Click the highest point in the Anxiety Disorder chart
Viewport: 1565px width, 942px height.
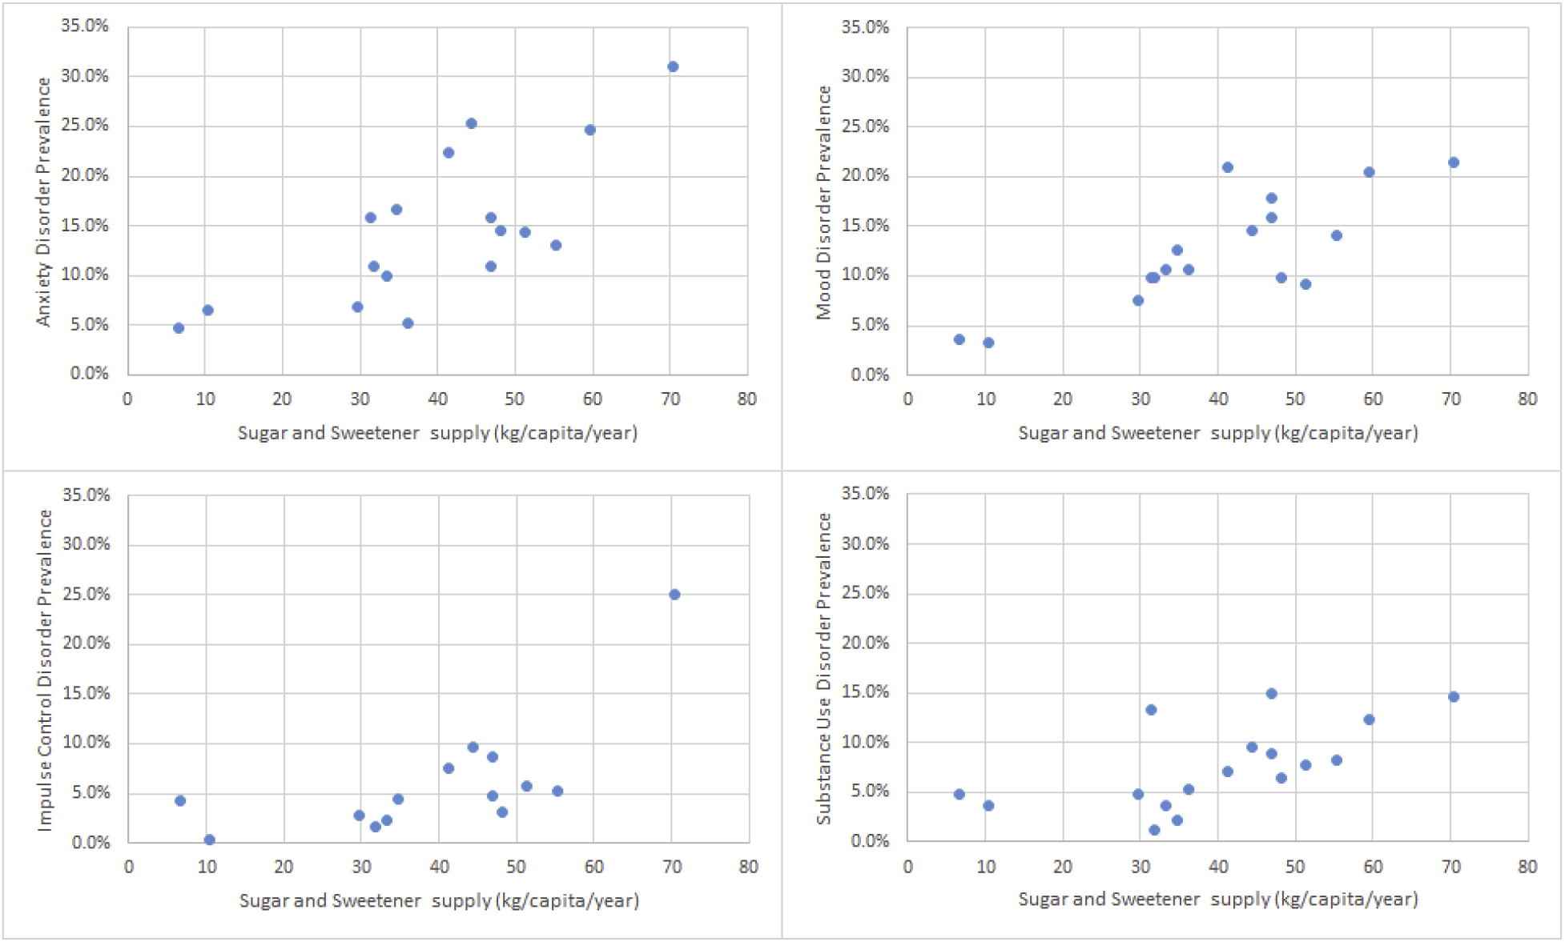coord(673,66)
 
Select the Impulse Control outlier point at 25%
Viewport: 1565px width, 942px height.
coord(674,595)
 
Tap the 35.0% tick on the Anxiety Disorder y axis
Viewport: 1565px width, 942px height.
coord(85,26)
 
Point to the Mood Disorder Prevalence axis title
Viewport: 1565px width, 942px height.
coord(824,202)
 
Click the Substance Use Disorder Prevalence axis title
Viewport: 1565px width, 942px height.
coord(824,668)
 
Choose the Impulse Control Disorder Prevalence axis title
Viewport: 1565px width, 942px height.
coord(45,670)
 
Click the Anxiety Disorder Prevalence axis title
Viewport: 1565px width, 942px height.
coord(44,202)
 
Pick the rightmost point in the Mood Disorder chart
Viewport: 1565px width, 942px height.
coord(1454,162)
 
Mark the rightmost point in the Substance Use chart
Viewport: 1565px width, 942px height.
coord(1454,697)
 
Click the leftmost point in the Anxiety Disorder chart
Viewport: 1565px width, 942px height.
coord(179,328)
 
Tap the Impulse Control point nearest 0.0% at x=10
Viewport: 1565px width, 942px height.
coord(209,840)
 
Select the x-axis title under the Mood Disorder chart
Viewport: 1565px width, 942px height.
coord(1217,434)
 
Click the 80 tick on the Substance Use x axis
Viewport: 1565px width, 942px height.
coord(1527,867)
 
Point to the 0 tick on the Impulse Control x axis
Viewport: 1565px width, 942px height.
coord(129,867)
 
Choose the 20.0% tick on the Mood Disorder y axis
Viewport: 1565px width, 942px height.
coord(865,176)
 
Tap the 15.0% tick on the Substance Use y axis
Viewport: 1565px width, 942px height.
coord(865,692)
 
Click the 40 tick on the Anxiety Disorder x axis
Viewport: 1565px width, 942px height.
coord(437,399)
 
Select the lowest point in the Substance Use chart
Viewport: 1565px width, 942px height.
coord(1154,830)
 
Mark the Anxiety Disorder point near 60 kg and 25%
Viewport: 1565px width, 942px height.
coord(590,130)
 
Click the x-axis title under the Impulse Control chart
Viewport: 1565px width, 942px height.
coord(439,901)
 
